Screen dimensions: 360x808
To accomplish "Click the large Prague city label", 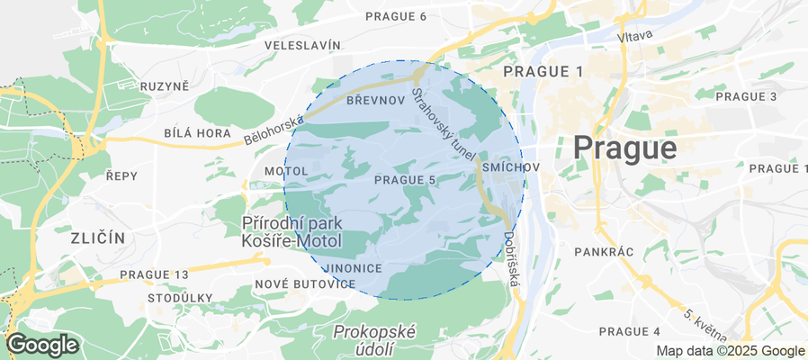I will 624,147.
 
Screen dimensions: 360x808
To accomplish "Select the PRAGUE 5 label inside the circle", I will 405,180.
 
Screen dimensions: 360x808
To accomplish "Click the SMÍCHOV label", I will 510,168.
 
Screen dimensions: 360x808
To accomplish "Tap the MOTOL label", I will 286,171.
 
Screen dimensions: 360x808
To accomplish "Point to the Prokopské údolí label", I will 374,340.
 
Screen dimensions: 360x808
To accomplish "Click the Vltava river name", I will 635,36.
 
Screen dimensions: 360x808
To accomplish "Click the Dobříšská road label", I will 510,259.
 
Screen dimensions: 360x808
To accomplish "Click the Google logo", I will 41,345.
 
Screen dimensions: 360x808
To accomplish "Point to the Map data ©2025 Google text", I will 730,351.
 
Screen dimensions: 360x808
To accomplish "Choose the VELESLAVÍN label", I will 302,45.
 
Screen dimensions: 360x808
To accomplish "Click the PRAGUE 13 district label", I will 154,274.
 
